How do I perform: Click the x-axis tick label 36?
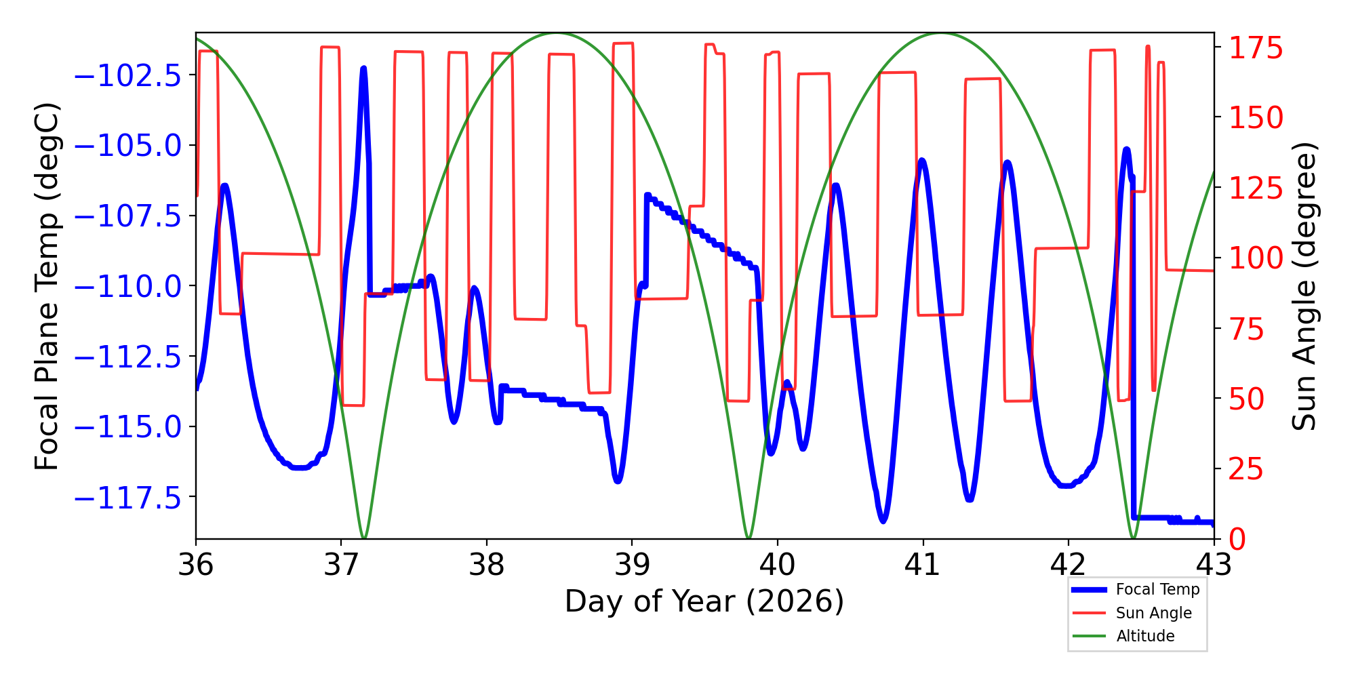(x=196, y=565)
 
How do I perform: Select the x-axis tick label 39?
(x=632, y=565)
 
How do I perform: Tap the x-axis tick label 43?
(x=1214, y=565)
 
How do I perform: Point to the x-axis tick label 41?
(x=923, y=565)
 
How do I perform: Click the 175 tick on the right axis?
(x=1256, y=49)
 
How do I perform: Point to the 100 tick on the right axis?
(x=1256, y=258)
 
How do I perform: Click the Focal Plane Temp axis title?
(x=47, y=286)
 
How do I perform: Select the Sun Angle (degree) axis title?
(x=1303, y=286)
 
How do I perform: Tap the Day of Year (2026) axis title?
(x=704, y=601)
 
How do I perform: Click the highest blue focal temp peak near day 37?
(x=364, y=68)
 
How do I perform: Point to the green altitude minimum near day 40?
(x=749, y=538)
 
